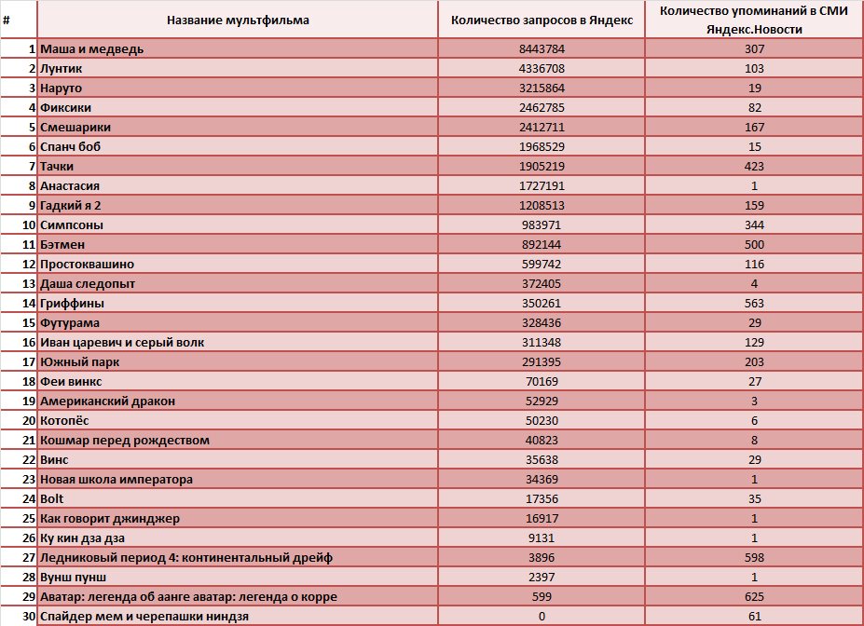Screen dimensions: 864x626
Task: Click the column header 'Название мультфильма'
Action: [238, 20]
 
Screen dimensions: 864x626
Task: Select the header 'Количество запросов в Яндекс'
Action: [542, 20]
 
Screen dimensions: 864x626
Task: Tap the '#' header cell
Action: [7, 20]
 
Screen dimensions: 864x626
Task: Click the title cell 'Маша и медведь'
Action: [91, 49]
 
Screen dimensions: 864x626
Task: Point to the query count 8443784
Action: [542, 49]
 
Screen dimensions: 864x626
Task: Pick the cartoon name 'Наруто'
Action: [61, 88]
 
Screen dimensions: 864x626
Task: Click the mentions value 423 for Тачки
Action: [754, 166]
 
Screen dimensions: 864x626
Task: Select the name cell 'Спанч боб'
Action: [70, 147]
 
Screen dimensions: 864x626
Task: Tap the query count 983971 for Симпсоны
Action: [542, 225]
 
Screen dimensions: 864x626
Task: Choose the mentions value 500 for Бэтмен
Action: [754, 244]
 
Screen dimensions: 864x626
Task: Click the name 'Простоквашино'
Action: [87, 265]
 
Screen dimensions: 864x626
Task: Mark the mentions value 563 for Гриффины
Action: [754, 304]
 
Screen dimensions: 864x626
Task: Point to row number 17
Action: [29, 362]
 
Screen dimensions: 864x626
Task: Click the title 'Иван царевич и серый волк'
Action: [122, 343]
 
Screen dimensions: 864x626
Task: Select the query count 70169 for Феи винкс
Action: [542, 382]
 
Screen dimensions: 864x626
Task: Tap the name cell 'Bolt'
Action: [52, 498]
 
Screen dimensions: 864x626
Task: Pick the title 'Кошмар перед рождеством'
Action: [125, 441]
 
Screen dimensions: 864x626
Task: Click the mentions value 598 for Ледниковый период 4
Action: [754, 558]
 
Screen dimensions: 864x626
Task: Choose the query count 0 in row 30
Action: [542, 617]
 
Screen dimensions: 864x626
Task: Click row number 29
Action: [29, 597]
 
